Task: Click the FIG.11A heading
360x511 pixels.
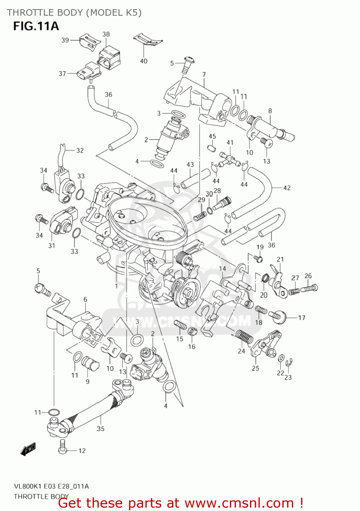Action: pyautogui.click(x=36, y=26)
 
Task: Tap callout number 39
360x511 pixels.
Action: pyautogui.click(x=65, y=40)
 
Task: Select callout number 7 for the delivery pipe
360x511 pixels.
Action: pyautogui.click(x=204, y=74)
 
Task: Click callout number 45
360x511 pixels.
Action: pyautogui.click(x=212, y=136)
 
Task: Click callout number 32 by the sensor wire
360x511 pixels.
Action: pyautogui.click(x=80, y=150)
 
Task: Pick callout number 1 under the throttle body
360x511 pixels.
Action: pyautogui.click(x=116, y=286)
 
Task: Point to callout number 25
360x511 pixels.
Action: pyautogui.click(x=255, y=368)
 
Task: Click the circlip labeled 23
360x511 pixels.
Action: pyautogui.click(x=289, y=363)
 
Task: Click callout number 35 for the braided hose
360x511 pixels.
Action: pyautogui.click(x=100, y=429)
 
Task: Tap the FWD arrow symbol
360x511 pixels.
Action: pyautogui.click(x=28, y=449)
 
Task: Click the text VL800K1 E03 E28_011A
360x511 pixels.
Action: pyautogui.click(x=51, y=486)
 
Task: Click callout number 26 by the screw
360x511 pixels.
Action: pyautogui.click(x=308, y=276)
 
